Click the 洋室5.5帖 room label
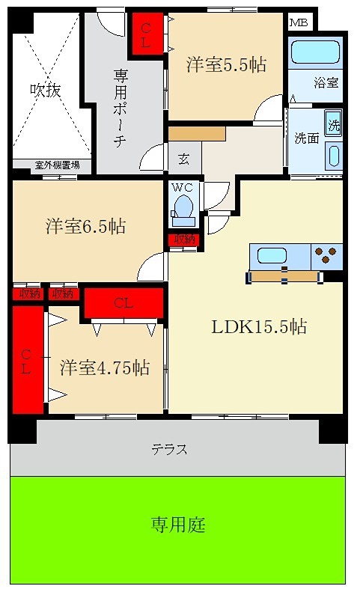tap(225, 65)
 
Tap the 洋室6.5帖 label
tap(85, 226)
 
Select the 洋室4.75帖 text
tap(104, 367)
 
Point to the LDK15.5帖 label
tap(258, 326)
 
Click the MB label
tap(298, 22)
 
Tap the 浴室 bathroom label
tap(326, 83)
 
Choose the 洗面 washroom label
tap(306, 138)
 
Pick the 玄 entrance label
tap(183, 159)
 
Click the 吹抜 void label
tap(45, 90)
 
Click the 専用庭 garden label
tap(177, 525)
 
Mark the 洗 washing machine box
tap(333, 125)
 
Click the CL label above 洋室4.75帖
tap(123, 303)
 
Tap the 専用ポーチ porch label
tap(120, 109)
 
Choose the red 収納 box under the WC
tap(183, 239)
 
